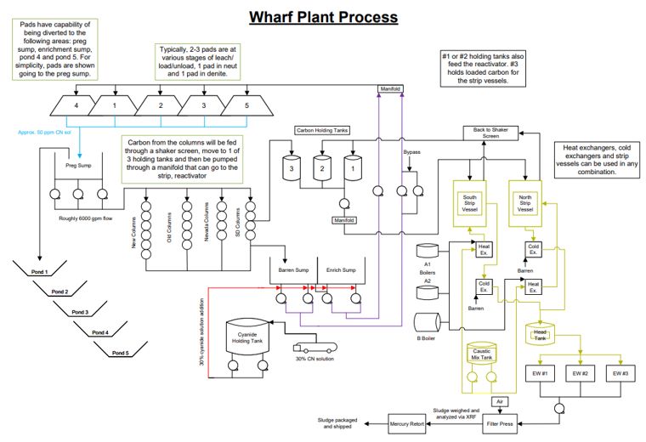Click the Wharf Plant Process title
(x=322, y=16)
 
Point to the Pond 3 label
(x=81, y=312)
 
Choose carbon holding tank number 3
(x=293, y=168)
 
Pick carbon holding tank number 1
(x=348, y=168)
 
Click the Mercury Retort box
(x=405, y=422)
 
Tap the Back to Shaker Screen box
(x=491, y=133)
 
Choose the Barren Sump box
(x=292, y=271)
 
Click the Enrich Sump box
(x=339, y=271)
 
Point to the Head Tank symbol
(x=541, y=333)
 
